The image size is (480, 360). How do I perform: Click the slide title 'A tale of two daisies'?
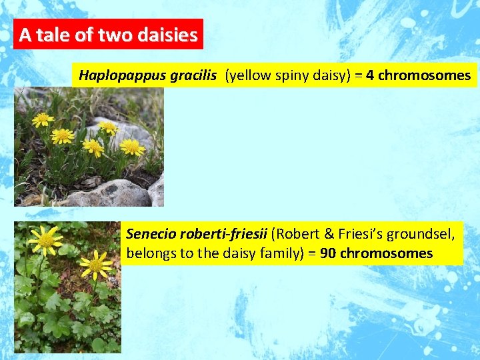[x=108, y=35]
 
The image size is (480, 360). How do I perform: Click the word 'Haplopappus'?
[x=114, y=75]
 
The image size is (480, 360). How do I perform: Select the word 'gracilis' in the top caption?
[x=193, y=75]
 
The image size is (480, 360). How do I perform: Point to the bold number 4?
[x=369, y=75]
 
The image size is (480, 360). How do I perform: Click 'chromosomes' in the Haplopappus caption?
[x=424, y=75]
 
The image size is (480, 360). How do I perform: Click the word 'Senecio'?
[x=147, y=235]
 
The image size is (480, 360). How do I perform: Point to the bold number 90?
[x=327, y=254]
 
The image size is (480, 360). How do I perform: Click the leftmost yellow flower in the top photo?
[x=43, y=119]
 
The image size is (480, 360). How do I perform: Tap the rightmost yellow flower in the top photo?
[x=132, y=147]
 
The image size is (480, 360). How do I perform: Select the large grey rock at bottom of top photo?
[x=107, y=194]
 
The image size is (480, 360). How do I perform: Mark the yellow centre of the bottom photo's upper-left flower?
[x=45, y=241]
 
